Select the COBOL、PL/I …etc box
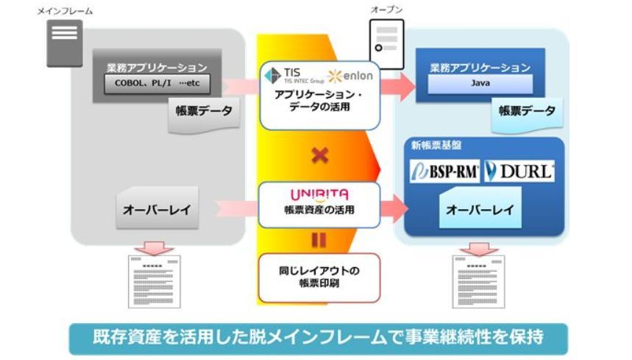(157, 84)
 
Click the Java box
(480, 84)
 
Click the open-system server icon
(386, 44)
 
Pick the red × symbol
(319, 155)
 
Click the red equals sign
(319, 239)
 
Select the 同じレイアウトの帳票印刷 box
(319, 276)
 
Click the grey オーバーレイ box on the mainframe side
(157, 210)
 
